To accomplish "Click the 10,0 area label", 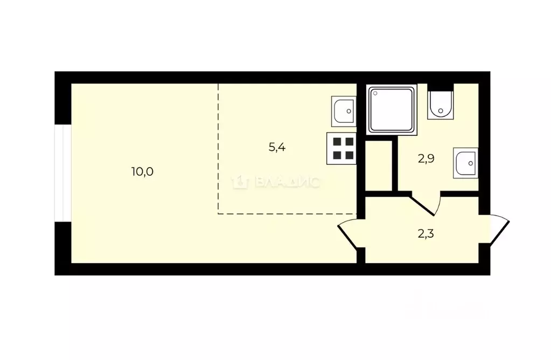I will click(142, 172).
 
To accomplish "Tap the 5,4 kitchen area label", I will click(277, 147).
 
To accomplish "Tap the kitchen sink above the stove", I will click(343, 111).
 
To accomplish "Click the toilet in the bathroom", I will click(441, 105).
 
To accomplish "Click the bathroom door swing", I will click(428, 204).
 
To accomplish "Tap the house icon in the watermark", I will click(239, 183).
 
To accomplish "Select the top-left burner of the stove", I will click(337, 142).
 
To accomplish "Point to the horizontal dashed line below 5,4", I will click(285, 214).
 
